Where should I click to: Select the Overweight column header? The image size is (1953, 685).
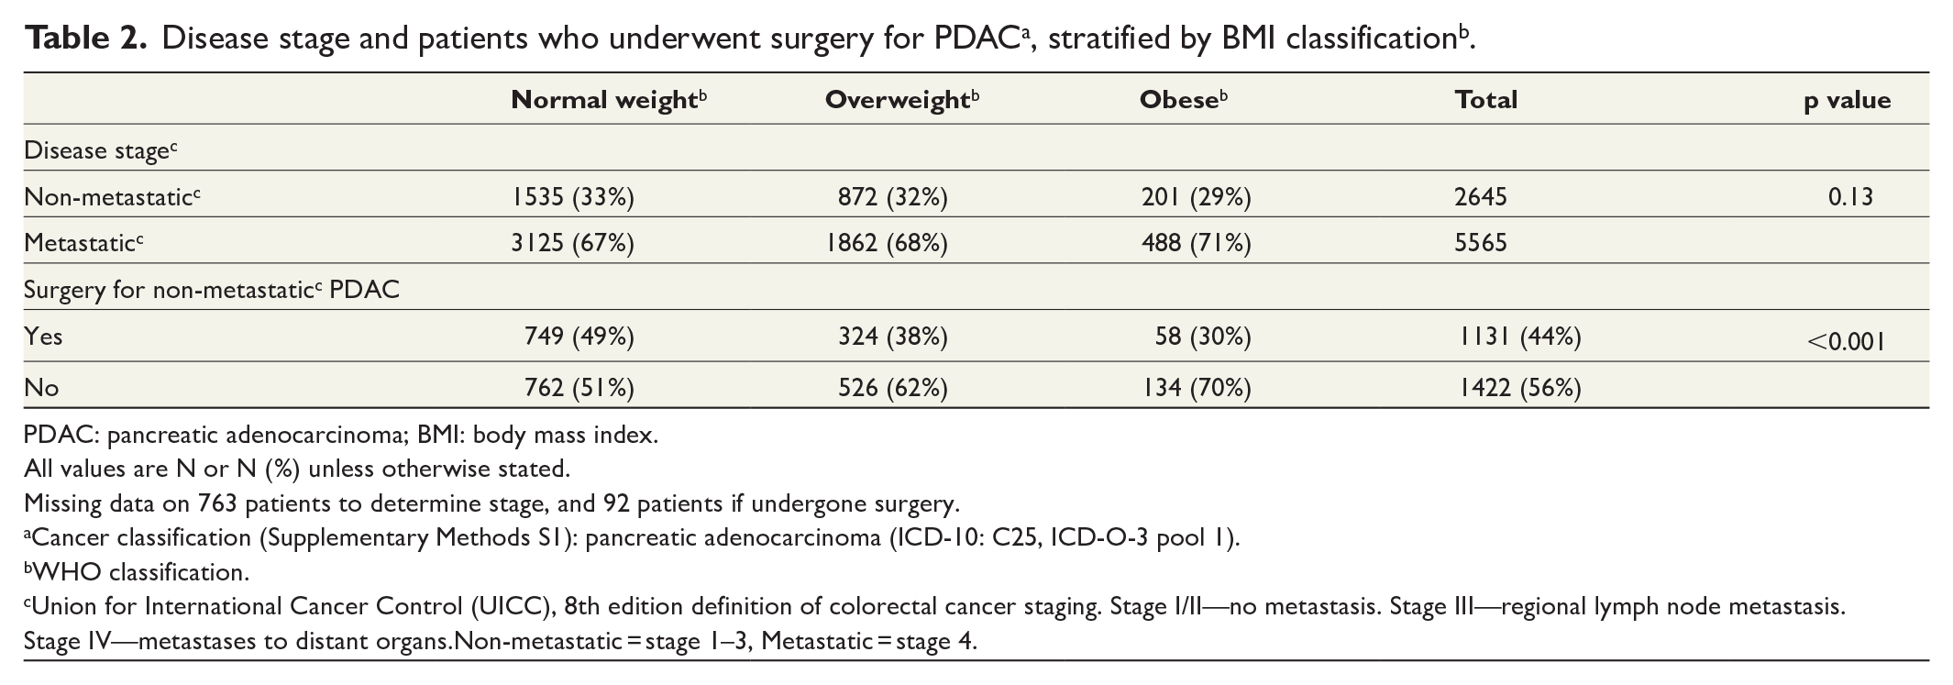click(x=902, y=100)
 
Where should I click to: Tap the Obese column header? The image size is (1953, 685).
click(x=1184, y=100)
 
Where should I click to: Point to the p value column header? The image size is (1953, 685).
click(x=1848, y=101)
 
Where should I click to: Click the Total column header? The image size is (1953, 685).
click(x=1486, y=100)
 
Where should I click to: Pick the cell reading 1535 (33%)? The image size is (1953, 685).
click(x=573, y=197)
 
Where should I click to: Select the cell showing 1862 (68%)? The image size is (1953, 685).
click(x=887, y=243)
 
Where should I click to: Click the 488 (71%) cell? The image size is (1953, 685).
click(x=1196, y=243)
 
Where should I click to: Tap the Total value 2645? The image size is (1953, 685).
click(x=1481, y=197)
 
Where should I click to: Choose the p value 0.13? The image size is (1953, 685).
click(x=1849, y=197)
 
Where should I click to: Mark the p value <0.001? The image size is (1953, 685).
click(x=1846, y=342)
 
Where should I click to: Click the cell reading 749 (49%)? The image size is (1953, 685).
click(x=579, y=337)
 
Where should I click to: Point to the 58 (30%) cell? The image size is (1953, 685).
click(x=1203, y=337)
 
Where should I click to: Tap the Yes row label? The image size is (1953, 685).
click(x=43, y=337)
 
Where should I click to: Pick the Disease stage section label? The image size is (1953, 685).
click(x=100, y=150)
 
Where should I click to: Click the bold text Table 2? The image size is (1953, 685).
click(x=85, y=38)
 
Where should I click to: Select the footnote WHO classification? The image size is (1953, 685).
click(x=137, y=572)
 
